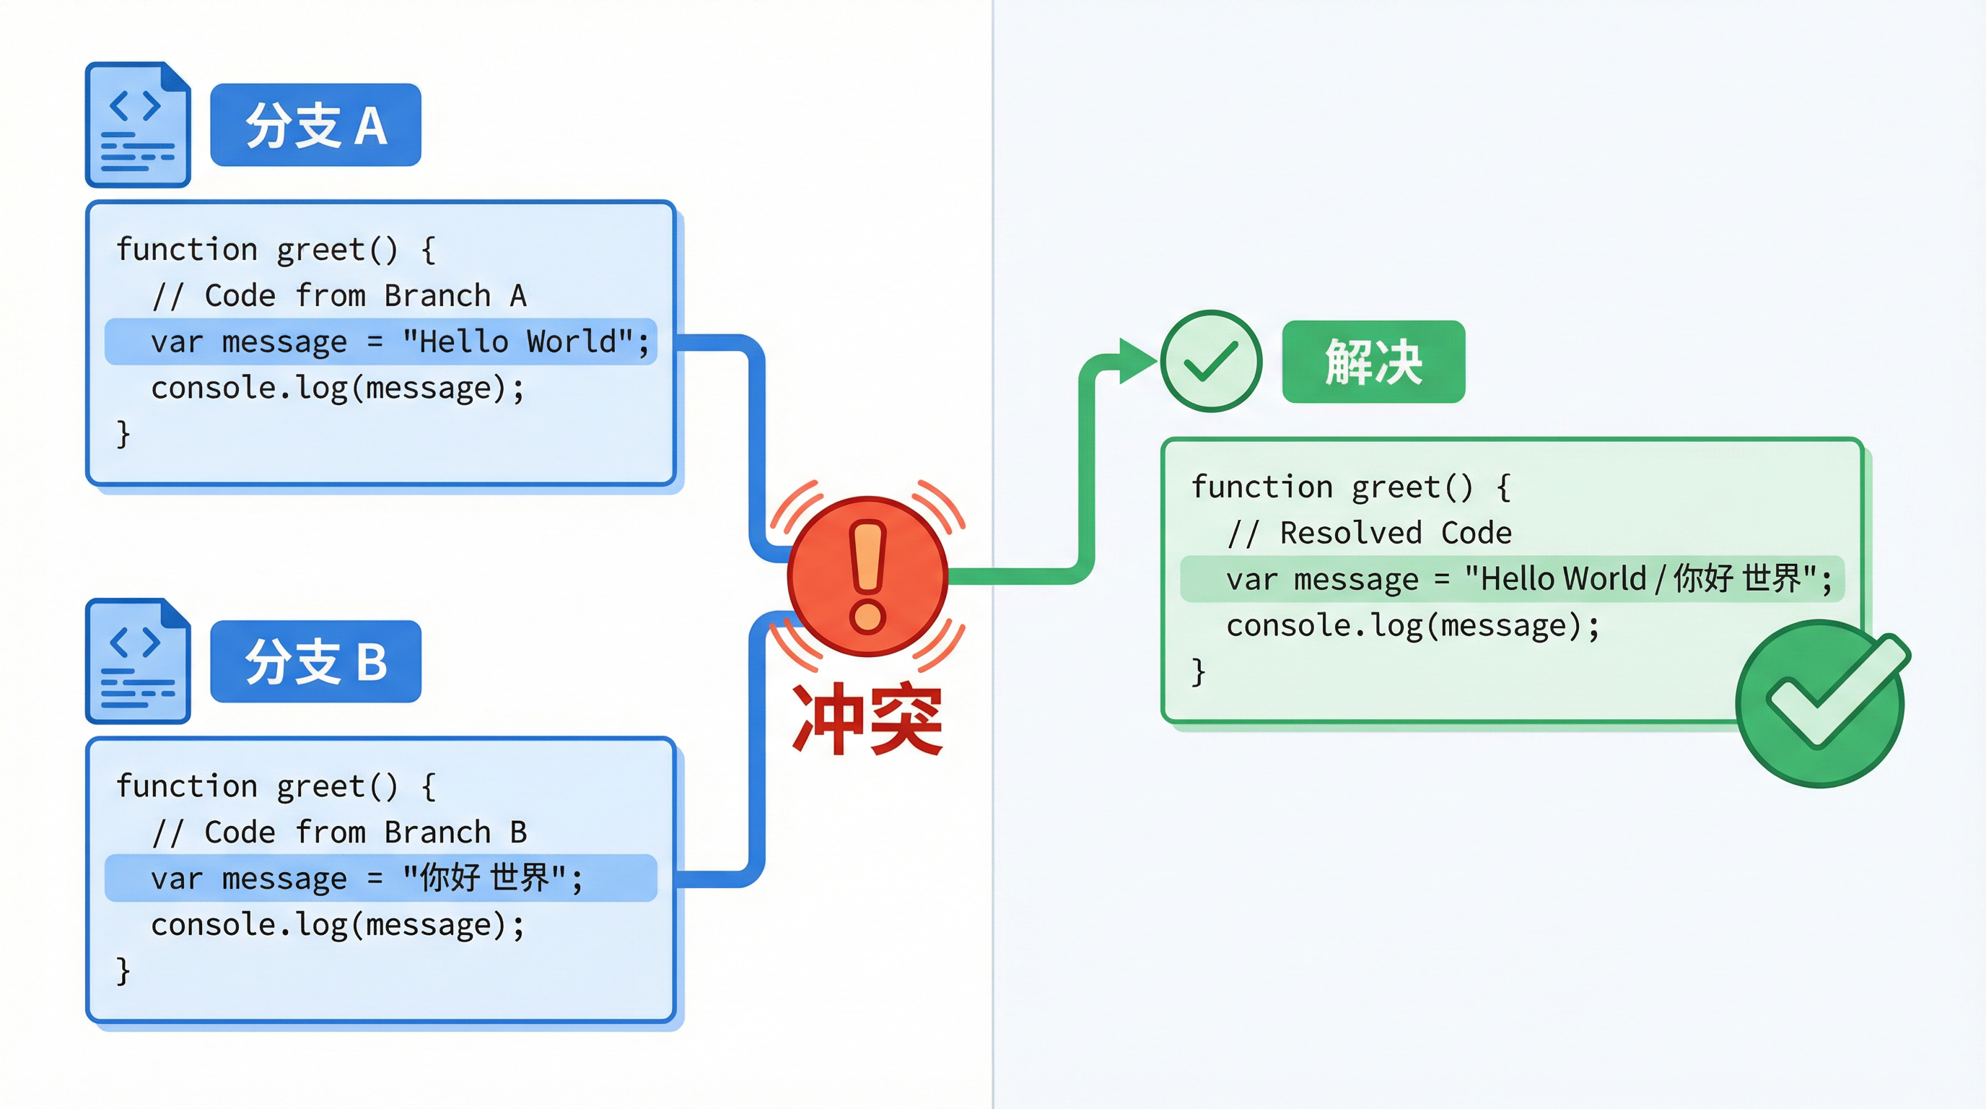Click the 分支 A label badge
point(315,125)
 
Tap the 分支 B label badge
point(315,661)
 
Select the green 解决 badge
point(1373,362)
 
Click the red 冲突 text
point(867,719)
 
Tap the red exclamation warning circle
point(867,576)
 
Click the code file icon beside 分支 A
point(137,125)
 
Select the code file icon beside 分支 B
point(137,661)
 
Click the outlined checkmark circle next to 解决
point(1210,361)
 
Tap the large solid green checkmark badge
point(1821,703)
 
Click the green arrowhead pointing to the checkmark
point(1137,360)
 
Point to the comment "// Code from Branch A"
point(339,295)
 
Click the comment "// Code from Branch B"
point(339,832)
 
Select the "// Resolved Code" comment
point(1369,533)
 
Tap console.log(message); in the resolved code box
point(1412,625)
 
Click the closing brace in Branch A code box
point(123,433)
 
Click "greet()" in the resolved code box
point(1412,487)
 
